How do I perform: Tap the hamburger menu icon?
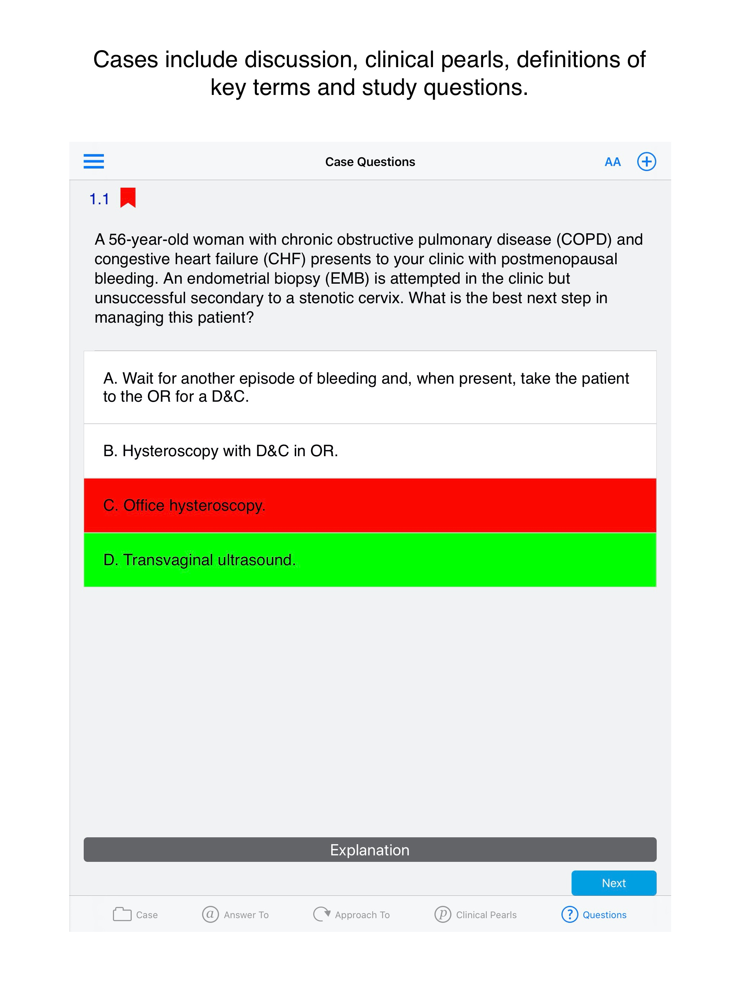click(x=93, y=161)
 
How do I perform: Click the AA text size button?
click(x=612, y=162)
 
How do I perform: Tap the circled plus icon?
click(x=646, y=161)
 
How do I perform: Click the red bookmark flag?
click(x=128, y=197)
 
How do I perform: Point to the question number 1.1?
click(x=99, y=199)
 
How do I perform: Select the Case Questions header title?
click(x=370, y=162)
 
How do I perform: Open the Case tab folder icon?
click(x=122, y=914)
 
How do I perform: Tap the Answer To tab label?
click(x=246, y=915)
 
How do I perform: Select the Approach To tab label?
click(x=362, y=915)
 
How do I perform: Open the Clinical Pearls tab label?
click(x=486, y=915)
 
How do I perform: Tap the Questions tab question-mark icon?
click(x=569, y=914)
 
